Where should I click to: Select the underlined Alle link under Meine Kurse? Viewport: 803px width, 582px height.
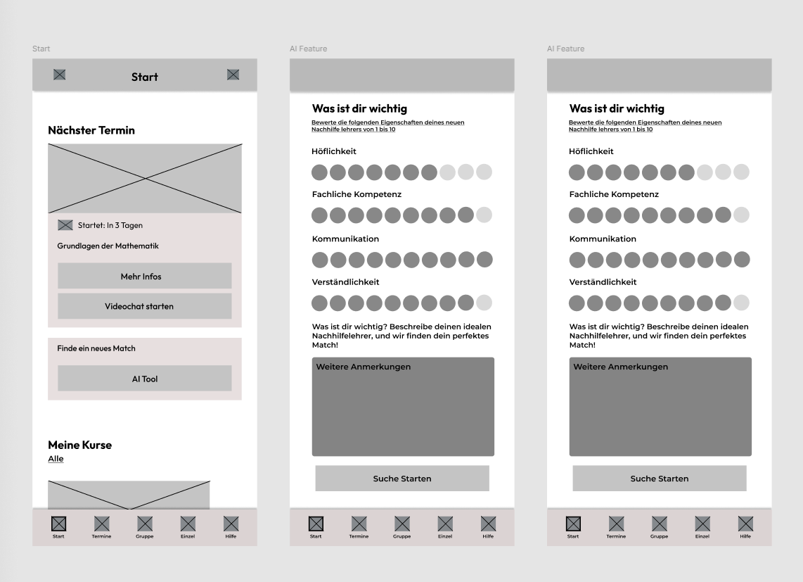click(x=56, y=459)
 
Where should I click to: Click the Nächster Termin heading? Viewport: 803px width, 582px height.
click(x=91, y=130)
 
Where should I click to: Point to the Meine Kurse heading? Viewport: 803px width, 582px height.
click(x=80, y=445)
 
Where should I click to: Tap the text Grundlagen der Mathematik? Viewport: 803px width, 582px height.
click(x=108, y=246)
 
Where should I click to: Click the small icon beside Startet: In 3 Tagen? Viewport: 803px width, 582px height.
click(x=65, y=225)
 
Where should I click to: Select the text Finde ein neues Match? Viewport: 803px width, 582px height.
click(x=96, y=348)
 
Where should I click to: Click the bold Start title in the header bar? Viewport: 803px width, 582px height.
click(x=144, y=77)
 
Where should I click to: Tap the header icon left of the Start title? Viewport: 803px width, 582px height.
click(x=59, y=75)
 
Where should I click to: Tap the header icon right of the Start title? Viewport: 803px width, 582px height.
click(x=233, y=75)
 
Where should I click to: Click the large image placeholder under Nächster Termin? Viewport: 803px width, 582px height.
click(x=145, y=179)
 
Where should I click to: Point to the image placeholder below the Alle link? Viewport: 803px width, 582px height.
click(x=129, y=495)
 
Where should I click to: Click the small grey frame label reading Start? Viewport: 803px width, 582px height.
click(x=41, y=49)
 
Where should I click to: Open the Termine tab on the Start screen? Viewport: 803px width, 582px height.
click(x=101, y=527)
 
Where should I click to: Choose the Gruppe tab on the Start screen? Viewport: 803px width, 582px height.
click(x=144, y=527)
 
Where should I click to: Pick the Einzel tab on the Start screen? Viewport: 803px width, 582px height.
click(x=188, y=527)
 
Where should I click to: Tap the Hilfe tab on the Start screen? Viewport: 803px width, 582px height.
click(x=231, y=527)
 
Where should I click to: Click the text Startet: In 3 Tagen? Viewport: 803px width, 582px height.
click(x=110, y=226)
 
